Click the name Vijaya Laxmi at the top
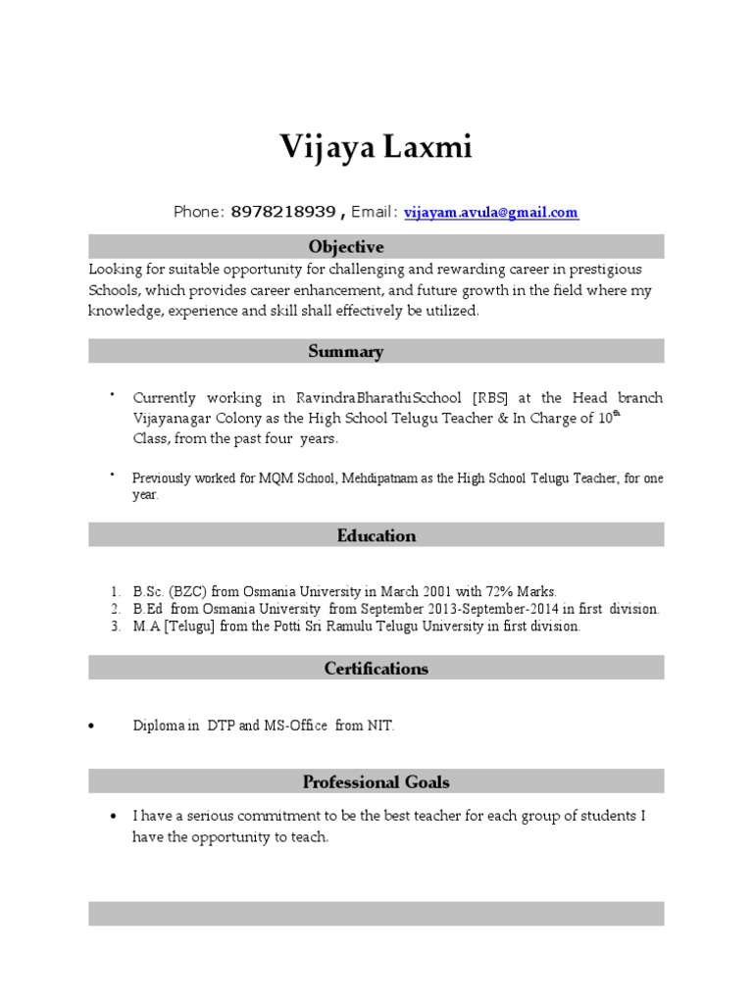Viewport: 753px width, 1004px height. (376, 148)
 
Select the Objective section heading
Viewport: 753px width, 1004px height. (346, 246)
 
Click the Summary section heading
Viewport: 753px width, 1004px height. (346, 351)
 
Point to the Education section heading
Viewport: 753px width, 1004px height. (376, 535)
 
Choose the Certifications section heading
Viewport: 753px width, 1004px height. (376, 669)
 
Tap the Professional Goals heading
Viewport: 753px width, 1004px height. (376, 781)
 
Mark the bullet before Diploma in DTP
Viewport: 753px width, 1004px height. (92, 727)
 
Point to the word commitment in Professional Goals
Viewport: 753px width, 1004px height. (268, 816)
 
